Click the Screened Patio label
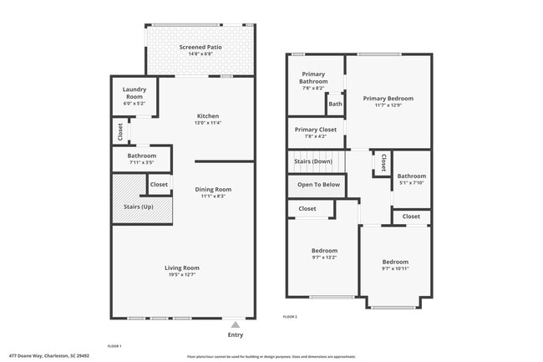point(200,48)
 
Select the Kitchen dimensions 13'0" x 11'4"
point(208,123)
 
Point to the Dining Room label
point(214,189)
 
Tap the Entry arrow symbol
point(236,324)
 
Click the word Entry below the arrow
point(236,335)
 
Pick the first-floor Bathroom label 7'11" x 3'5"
point(142,156)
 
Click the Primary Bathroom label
point(312,77)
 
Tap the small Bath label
point(335,105)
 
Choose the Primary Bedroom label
point(388,98)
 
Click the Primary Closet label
point(316,130)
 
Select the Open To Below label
point(318,185)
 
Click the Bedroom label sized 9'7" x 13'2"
point(325,251)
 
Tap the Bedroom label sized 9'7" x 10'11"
point(396,262)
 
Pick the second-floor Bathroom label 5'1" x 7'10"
point(412,176)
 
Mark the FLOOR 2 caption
point(290,317)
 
